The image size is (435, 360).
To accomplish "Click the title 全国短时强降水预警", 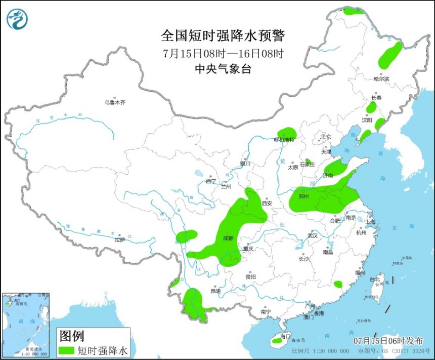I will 223,36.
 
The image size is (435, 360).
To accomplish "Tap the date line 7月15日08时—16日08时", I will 223,53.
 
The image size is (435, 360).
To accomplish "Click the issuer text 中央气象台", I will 223,70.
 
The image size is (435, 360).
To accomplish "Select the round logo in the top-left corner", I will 17,19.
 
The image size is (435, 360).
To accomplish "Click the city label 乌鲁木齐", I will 115,103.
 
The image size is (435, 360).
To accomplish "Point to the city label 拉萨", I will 119,240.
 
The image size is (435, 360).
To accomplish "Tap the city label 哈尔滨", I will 381,79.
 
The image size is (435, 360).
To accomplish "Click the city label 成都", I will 228,238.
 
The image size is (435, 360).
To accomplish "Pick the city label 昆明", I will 215,291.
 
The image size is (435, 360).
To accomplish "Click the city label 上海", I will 370,221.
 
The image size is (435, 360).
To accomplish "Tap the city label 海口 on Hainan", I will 285,336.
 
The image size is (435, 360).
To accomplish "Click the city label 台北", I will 374,279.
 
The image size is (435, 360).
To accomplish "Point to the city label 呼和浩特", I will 284,139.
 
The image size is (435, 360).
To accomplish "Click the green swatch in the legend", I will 67,349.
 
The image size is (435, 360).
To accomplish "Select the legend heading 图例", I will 72,336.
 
